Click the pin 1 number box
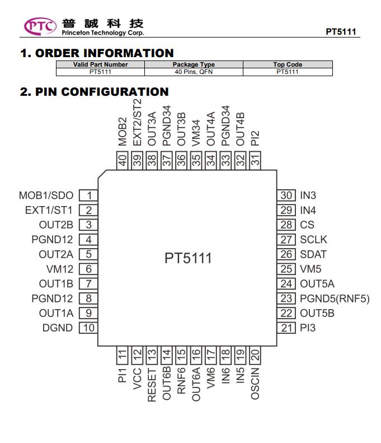[88, 195]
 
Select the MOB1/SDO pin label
[46, 195]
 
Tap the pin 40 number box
[122, 161]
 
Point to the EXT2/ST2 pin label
[137, 122]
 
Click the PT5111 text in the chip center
[188, 258]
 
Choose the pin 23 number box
[286, 299]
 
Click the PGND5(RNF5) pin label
[335, 299]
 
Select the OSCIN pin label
[255, 384]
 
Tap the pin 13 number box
[152, 355]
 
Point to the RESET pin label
[152, 385]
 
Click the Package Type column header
[194, 64]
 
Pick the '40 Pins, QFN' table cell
[194, 72]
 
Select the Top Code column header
[288, 64]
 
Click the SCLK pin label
[313, 240]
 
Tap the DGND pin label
[58, 328]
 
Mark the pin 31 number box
[255, 161]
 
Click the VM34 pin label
[196, 133]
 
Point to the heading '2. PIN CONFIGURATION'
[94, 92]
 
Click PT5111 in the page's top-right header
[341, 31]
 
